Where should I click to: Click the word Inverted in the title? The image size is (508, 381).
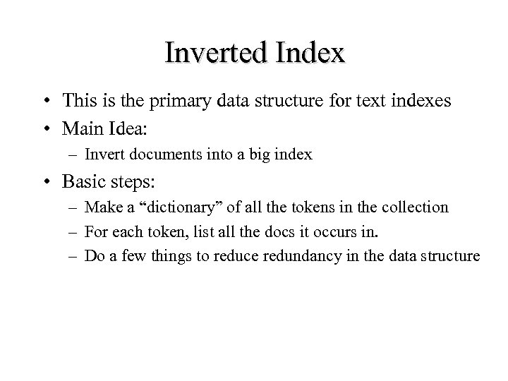click(215, 53)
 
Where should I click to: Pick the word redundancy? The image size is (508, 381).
click(297, 255)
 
